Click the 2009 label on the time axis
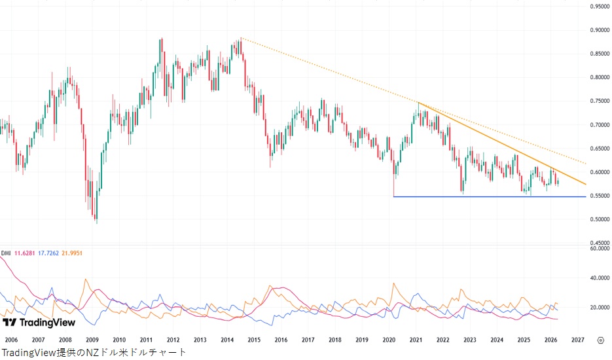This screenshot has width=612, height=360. (x=92, y=340)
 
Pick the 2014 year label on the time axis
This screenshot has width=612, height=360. (x=227, y=340)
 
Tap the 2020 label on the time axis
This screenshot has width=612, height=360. (x=389, y=340)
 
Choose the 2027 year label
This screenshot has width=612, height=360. (x=578, y=340)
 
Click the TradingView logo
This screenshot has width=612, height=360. (x=39, y=322)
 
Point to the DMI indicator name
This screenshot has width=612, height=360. (x=6, y=253)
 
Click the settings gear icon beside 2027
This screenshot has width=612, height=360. (x=600, y=340)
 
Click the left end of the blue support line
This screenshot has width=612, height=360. (x=393, y=196)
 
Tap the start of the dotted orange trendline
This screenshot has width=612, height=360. (x=241, y=38)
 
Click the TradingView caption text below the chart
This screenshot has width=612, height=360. (x=94, y=353)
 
